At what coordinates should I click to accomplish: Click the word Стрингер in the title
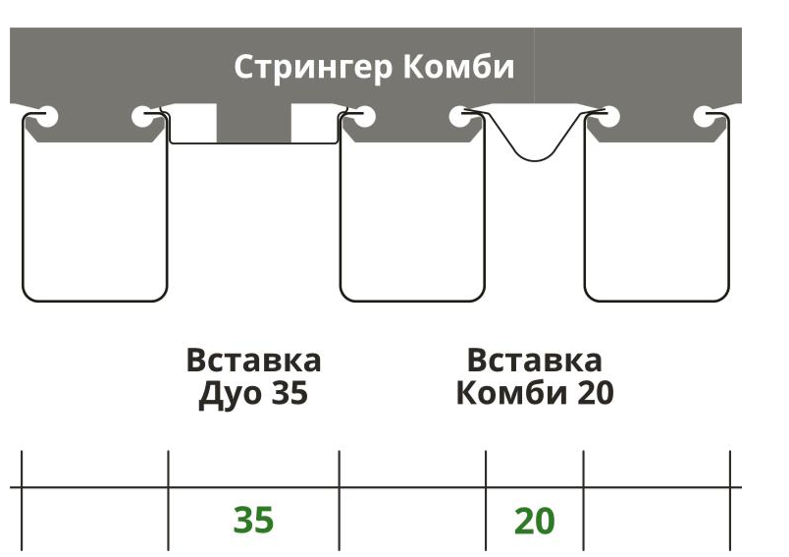(312, 68)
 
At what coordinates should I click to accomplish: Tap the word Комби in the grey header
(458, 66)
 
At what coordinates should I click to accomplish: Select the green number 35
(253, 520)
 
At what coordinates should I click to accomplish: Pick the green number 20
(535, 521)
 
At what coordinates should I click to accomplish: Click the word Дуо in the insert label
(230, 393)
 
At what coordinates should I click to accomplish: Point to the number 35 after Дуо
(289, 392)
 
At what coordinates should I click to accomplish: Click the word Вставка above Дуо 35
(253, 361)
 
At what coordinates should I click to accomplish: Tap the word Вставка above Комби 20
(534, 361)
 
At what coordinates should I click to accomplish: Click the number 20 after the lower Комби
(596, 392)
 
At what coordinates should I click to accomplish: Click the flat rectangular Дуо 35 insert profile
(253, 143)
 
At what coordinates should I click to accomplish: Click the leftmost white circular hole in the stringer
(46, 117)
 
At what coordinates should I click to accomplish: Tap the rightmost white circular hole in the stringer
(706, 117)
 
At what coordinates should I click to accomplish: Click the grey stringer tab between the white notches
(253, 123)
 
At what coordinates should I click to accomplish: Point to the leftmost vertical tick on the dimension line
(22, 501)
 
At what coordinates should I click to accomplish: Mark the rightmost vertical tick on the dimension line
(730, 501)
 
